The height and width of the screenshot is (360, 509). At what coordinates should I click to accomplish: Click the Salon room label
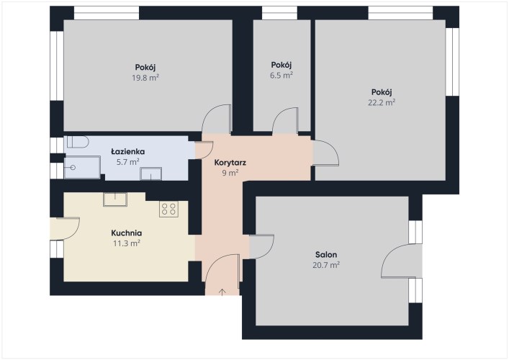click(326, 254)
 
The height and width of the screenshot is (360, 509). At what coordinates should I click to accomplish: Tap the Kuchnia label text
click(126, 233)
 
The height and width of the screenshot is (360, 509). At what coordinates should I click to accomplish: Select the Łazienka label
click(128, 152)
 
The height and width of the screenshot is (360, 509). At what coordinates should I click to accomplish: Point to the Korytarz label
click(230, 163)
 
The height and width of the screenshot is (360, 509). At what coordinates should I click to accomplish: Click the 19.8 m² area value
click(145, 78)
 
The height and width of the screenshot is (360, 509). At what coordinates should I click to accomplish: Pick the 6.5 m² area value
click(281, 76)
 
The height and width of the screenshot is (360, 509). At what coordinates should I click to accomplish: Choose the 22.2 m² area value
click(382, 102)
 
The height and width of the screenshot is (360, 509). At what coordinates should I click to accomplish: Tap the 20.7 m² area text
click(326, 265)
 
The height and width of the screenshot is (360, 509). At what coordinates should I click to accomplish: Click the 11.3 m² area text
click(126, 243)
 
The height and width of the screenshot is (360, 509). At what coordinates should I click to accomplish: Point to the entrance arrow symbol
click(222, 292)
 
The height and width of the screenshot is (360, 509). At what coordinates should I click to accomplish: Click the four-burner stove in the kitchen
click(168, 209)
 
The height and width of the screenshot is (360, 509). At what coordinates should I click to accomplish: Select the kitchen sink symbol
click(115, 199)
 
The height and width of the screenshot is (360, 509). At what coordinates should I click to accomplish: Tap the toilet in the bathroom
click(78, 142)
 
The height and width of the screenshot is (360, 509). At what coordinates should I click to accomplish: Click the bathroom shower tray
click(82, 168)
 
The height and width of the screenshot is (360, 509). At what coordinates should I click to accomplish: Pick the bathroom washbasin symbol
click(150, 174)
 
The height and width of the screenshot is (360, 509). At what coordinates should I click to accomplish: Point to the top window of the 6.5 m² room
click(279, 13)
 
